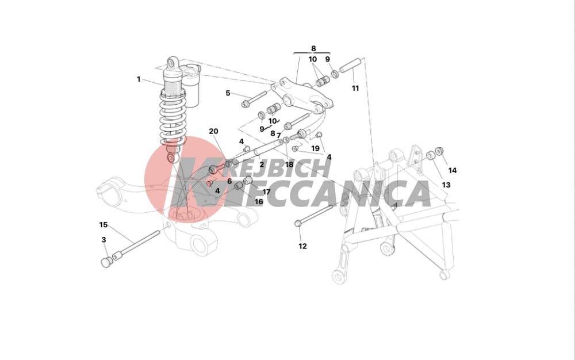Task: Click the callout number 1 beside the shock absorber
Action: click(139, 79)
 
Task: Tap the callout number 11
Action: click(355, 88)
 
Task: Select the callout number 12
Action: click(302, 246)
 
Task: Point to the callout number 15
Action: click(103, 225)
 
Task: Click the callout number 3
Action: click(103, 240)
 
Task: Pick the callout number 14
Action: click(453, 170)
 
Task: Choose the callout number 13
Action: click(446, 185)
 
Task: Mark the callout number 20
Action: click(213, 131)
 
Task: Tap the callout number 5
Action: click(228, 93)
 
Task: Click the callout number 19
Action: click(315, 148)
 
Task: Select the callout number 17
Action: click(266, 192)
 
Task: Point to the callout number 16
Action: click(259, 202)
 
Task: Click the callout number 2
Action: click(262, 165)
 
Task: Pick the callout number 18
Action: click(289, 164)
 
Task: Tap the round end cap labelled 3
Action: click(106, 262)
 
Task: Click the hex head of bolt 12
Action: click(298, 223)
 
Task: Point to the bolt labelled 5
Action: click(254, 99)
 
